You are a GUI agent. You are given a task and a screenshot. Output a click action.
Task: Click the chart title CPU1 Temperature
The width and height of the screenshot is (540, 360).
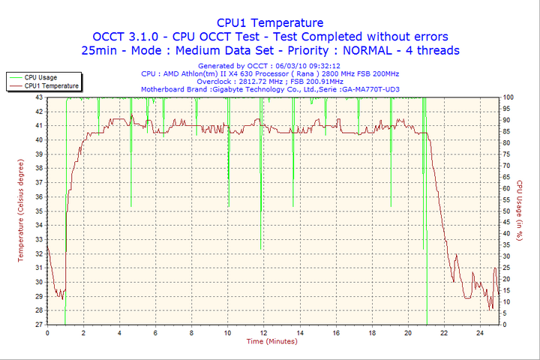click(x=270, y=22)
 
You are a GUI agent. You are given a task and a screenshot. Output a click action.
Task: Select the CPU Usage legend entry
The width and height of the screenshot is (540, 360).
click(x=40, y=77)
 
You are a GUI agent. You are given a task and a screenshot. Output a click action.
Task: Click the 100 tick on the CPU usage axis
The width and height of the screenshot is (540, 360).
click(x=508, y=97)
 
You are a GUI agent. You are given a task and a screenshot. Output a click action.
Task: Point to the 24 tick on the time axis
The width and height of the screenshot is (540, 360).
click(x=480, y=332)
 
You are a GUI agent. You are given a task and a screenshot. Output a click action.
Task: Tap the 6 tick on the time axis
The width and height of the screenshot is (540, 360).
click(x=155, y=332)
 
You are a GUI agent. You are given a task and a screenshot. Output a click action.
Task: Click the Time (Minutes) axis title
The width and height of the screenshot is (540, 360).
click(x=271, y=341)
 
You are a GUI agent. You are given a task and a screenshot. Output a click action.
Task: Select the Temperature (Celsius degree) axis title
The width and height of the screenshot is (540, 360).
click(x=21, y=211)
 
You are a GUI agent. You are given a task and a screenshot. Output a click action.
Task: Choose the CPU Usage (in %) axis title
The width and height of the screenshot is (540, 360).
click(x=519, y=211)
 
